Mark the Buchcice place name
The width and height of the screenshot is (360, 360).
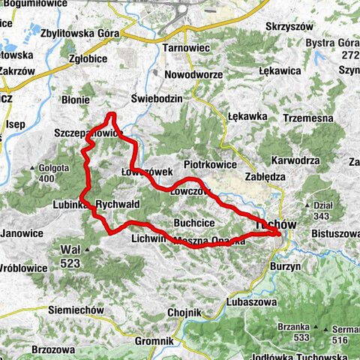(195, 223)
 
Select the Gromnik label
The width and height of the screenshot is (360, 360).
(156, 341)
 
